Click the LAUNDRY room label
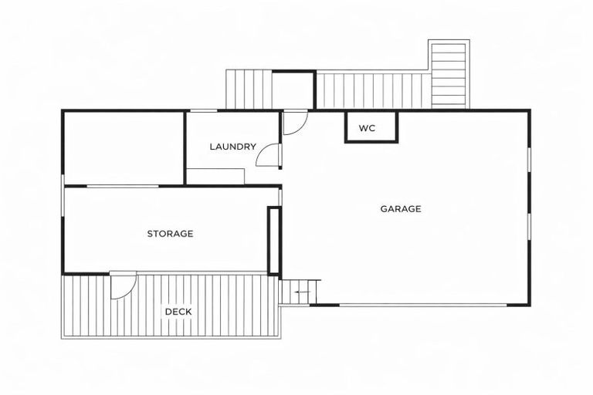(232, 147)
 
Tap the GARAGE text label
(401, 208)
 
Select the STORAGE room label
(170, 234)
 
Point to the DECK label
(178, 312)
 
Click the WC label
(367, 128)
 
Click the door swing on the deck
(122, 286)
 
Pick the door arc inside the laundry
(268, 156)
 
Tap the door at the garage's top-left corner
(294, 123)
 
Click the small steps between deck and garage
(299, 292)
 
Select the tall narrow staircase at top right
(448, 75)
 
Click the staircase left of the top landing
(249, 89)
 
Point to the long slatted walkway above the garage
(373, 91)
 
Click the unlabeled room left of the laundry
(124, 148)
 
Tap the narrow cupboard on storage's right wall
(273, 240)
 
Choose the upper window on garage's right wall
(529, 168)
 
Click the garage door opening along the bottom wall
(423, 305)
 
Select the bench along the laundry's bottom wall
(215, 176)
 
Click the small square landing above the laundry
(293, 89)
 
